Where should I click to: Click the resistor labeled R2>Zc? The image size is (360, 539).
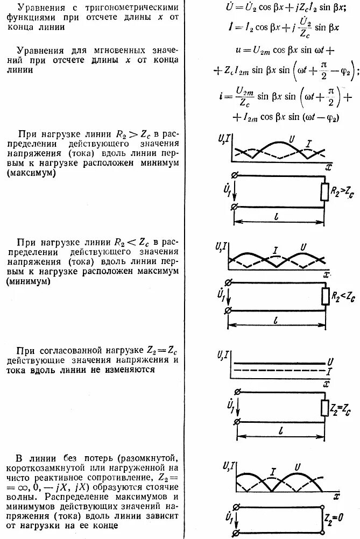[x=324, y=192]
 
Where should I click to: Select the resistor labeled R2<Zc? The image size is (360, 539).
[x=324, y=296]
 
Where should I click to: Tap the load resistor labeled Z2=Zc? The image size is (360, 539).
[x=324, y=408]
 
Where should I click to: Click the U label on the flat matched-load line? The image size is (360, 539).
[x=330, y=361]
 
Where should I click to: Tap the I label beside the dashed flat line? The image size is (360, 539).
[x=329, y=371]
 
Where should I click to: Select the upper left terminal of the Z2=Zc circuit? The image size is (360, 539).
[x=234, y=394]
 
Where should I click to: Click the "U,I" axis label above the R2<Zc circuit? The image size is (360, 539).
[x=220, y=249]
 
